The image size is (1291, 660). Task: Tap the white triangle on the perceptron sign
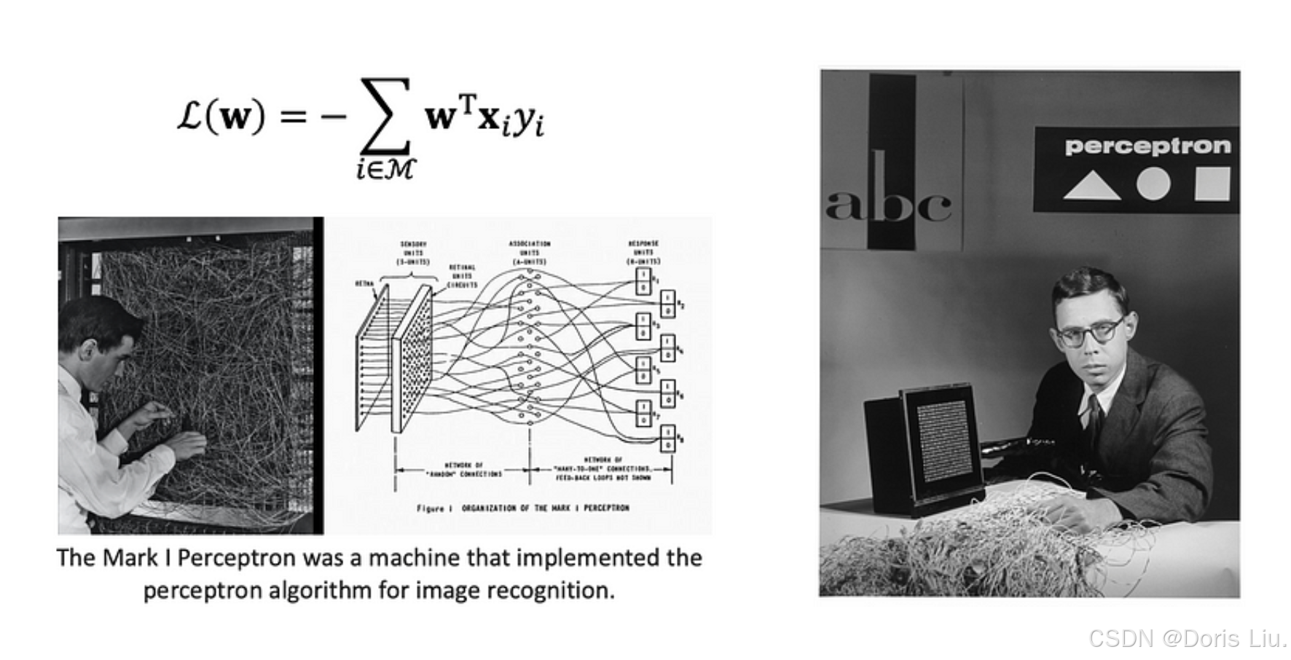(1091, 186)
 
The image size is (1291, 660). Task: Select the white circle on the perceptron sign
(1153, 184)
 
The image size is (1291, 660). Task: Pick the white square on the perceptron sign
(1212, 184)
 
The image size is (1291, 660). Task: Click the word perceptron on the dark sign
(1147, 146)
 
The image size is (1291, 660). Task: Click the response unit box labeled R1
(643, 281)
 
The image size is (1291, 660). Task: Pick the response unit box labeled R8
(667, 439)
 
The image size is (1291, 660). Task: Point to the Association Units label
(530, 252)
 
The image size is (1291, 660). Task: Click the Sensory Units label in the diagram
(413, 252)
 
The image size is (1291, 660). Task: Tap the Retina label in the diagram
(365, 283)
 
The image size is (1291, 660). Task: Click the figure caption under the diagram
(522, 508)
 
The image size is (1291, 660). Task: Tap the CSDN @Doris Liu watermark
(1187, 639)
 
